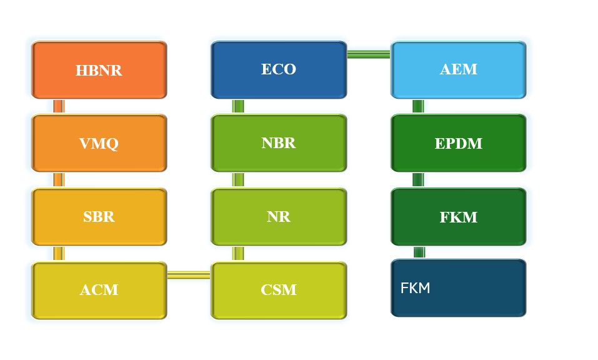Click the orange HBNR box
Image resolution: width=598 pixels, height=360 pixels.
coord(99,70)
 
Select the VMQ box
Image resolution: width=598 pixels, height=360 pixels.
coord(99,143)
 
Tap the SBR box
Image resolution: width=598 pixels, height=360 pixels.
coord(99,217)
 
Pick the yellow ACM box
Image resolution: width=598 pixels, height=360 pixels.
coord(99,290)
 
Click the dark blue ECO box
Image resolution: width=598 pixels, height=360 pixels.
coord(279,70)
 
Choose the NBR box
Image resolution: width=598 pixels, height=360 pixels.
coord(279,143)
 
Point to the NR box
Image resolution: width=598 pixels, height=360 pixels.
coord(279,217)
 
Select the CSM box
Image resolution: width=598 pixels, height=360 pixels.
coord(279,290)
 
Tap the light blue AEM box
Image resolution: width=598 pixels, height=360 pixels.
coord(459,70)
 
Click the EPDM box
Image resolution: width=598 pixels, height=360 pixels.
coord(459,143)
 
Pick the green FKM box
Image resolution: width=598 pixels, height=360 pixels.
coord(459,217)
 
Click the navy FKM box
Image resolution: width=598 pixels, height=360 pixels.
coord(459,288)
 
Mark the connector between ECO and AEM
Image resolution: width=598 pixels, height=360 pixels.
coord(369,54)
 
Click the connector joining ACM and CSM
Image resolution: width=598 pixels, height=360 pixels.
coord(189,274)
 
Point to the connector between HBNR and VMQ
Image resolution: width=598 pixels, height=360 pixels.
coord(59,106)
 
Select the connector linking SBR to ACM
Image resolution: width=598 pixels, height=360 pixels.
coord(59,254)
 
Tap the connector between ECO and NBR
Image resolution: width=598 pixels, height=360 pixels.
coord(238,106)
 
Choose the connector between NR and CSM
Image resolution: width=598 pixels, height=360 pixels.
coord(238,254)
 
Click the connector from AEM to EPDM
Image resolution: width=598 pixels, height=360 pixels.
coord(418,106)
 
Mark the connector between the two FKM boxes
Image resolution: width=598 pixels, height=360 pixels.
coord(419,252)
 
